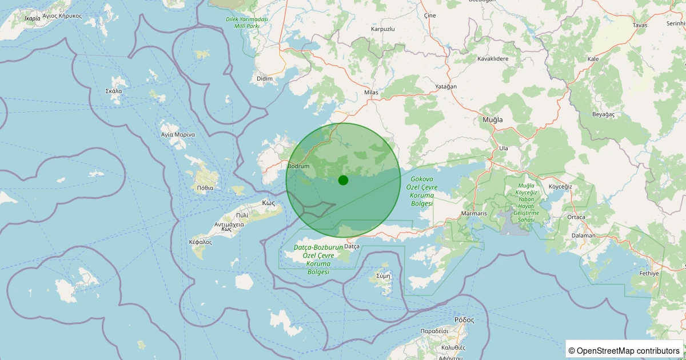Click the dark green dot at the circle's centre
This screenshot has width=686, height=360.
coord(343,180)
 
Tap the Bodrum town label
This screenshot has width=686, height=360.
coord(298,166)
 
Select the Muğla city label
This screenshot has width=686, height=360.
coord(492,119)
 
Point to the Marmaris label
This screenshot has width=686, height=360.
coord(473,214)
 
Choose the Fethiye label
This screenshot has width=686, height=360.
coord(649,273)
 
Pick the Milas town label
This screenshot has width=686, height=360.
coord(371,93)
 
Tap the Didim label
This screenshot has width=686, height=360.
coord(265,78)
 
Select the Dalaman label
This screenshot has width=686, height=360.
coord(583,235)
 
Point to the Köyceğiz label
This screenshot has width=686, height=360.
coord(560,187)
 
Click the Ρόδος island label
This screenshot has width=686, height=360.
coord(464,319)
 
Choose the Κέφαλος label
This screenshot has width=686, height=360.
coord(200,242)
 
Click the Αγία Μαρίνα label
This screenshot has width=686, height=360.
coord(178,135)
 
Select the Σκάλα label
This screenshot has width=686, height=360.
coord(114,91)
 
